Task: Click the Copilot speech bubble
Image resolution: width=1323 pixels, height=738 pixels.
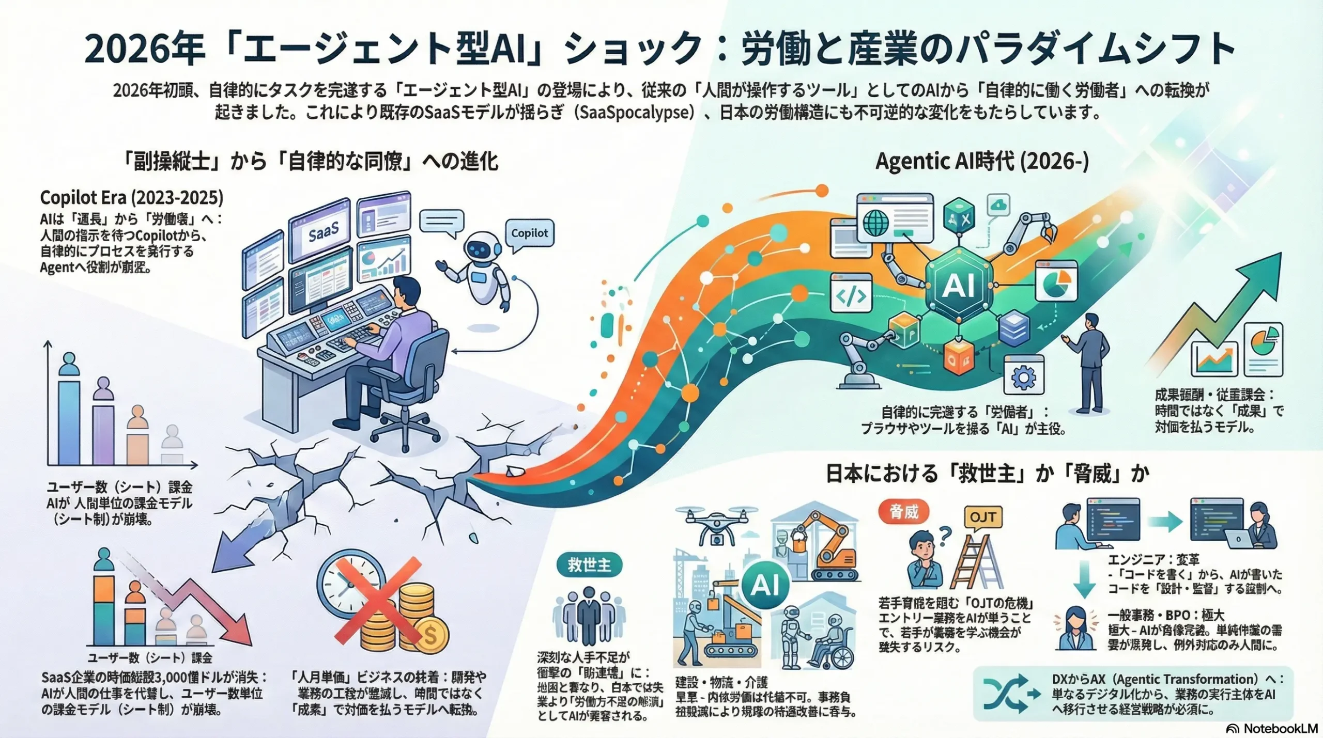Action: pyautogui.click(x=529, y=233)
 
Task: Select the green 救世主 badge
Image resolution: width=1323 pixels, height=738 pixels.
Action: pyautogui.click(x=589, y=565)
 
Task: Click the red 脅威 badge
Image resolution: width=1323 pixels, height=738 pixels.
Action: pyautogui.click(x=903, y=512)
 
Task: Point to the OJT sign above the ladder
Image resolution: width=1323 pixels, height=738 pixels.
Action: pyautogui.click(x=983, y=517)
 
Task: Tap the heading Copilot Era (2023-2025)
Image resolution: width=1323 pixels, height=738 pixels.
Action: pyautogui.click(x=132, y=198)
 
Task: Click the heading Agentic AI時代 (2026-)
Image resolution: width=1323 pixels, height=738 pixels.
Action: pyautogui.click(x=982, y=162)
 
